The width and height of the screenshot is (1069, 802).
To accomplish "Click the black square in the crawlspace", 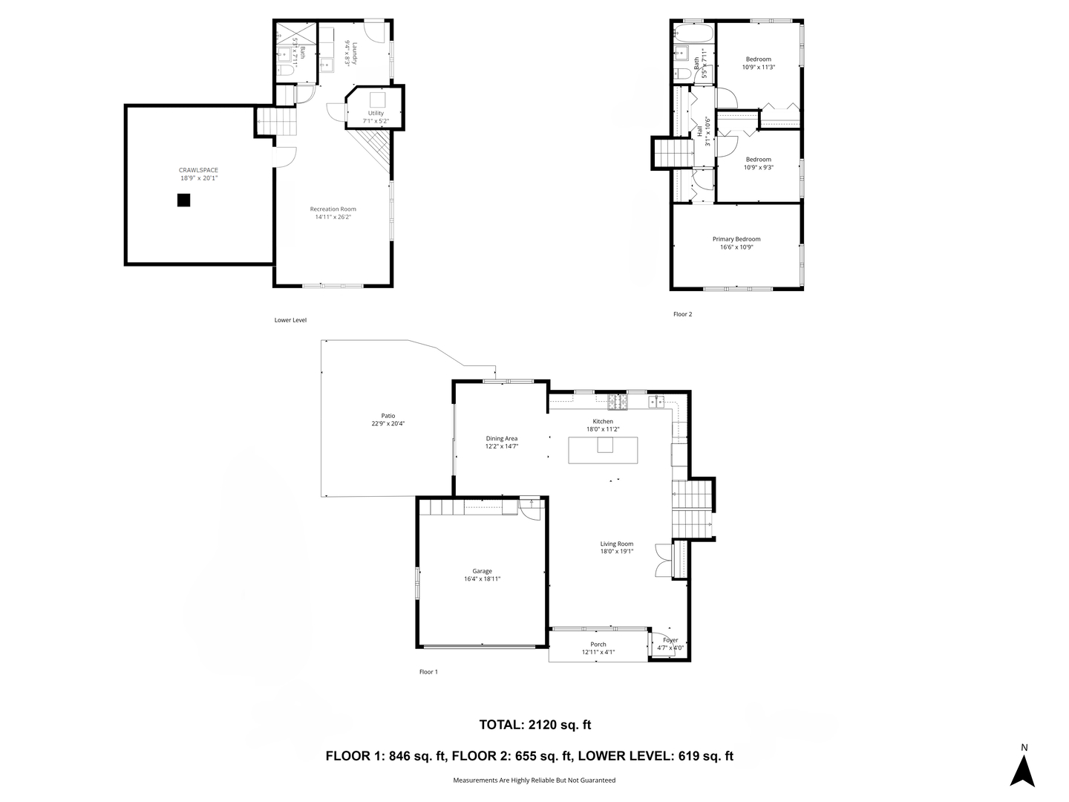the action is point(183,200).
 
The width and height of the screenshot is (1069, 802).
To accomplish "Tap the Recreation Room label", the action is point(333,209).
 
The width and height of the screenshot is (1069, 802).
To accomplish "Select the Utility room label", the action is point(376,113).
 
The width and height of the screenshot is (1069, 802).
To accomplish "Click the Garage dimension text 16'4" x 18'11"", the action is point(482,579).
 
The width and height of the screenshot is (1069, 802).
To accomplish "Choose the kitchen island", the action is point(603,450).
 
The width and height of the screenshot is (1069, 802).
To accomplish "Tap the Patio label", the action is point(388,416).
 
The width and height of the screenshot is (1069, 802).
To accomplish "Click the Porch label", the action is point(598,645).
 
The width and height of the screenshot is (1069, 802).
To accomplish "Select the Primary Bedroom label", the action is point(736,239).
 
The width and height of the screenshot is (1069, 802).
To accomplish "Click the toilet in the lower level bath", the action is point(285,71).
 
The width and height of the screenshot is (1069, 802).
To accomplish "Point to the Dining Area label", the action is point(501,438).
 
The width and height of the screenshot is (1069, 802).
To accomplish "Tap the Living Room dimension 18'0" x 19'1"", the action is point(616,552).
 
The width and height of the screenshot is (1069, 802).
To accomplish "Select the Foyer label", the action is point(670,640).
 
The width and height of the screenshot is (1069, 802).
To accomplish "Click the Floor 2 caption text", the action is point(682,314).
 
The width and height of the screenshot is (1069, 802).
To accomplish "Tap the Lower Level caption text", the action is point(290,320).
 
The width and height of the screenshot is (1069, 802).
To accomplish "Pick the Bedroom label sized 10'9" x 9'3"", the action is point(758,159).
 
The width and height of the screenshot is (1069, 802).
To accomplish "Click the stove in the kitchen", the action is point(617,402).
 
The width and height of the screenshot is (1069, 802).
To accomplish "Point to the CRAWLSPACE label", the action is point(198,170).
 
